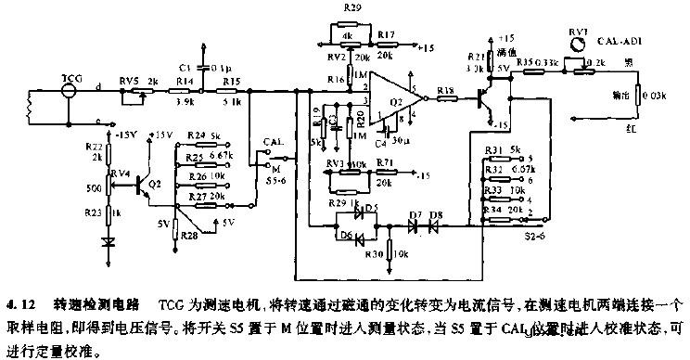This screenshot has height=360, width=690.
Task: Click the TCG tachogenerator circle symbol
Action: pyautogui.click(x=68, y=92)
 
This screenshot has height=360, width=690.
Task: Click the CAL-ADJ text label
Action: pyautogui.click(x=623, y=42)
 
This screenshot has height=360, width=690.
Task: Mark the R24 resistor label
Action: pyautogui.click(x=195, y=136)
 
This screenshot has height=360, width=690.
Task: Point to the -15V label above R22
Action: pyautogui.click(x=127, y=135)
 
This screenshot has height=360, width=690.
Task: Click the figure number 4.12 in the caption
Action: pyautogui.click(x=19, y=303)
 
